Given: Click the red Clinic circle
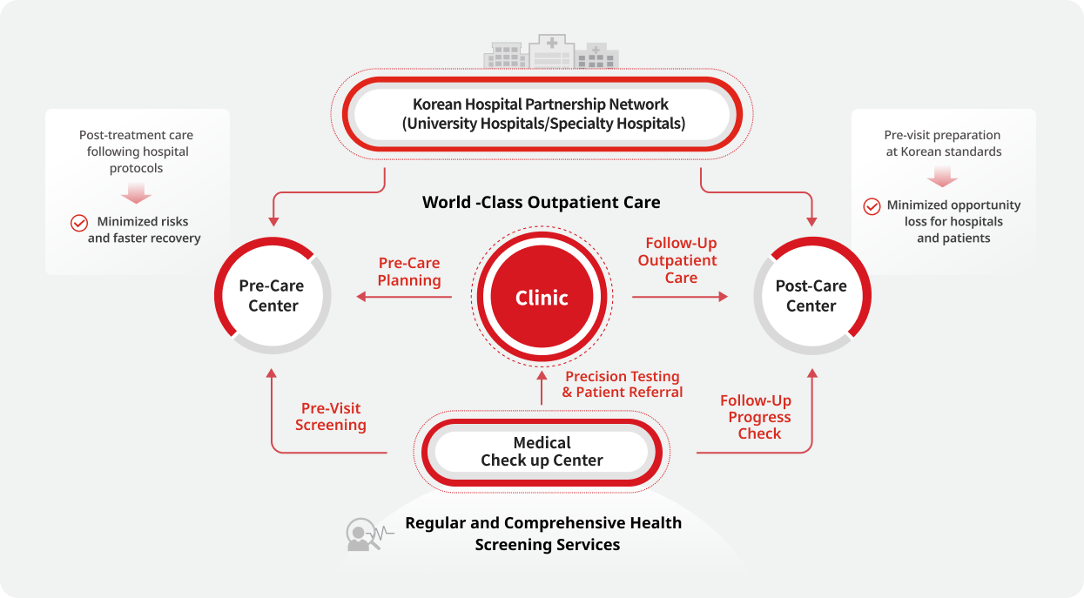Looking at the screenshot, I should click(x=541, y=298).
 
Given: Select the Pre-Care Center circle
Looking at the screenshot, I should click(x=273, y=296).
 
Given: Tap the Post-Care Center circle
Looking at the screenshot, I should click(x=811, y=296).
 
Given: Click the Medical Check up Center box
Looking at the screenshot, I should click(x=542, y=452).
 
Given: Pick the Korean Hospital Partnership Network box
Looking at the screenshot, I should click(x=542, y=114).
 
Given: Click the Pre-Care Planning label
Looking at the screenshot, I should click(x=409, y=272).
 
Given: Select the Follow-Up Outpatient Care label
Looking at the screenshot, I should click(x=680, y=260).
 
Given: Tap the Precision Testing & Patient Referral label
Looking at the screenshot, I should click(x=622, y=384).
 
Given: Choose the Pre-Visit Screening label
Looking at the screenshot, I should click(x=331, y=417).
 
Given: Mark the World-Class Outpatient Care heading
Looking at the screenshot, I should click(x=541, y=203).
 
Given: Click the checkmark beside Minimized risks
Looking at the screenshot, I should click(x=79, y=223).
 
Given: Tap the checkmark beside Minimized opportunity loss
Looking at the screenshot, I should click(x=872, y=206).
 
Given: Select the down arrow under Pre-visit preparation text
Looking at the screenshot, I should click(x=943, y=178).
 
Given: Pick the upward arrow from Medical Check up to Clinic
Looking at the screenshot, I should click(x=541, y=378).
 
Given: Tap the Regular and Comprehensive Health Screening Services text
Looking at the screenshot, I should click(x=543, y=534).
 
